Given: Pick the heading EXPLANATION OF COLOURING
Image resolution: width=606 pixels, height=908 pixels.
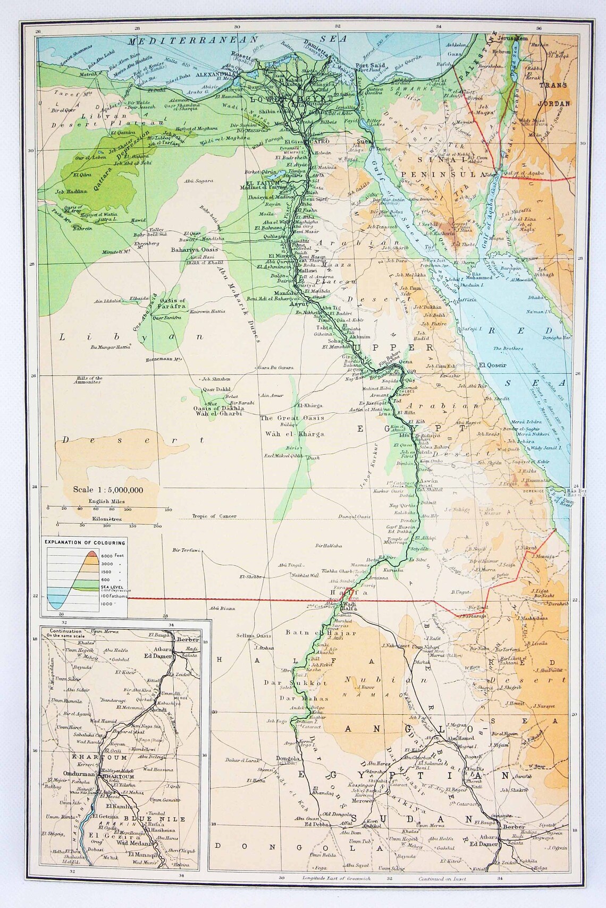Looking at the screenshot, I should pos(86,542).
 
